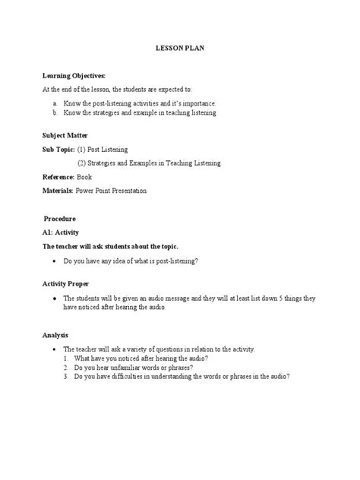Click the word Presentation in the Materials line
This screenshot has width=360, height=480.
pyautogui.click(x=126, y=191)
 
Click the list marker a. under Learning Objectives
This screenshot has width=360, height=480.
pyautogui.click(x=55, y=103)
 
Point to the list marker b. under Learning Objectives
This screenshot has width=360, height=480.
pyautogui.click(x=55, y=112)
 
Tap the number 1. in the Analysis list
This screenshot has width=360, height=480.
pyautogui.click(x=67, y=357)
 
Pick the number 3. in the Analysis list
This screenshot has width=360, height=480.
pyautogui.click(x=67, y=375)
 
